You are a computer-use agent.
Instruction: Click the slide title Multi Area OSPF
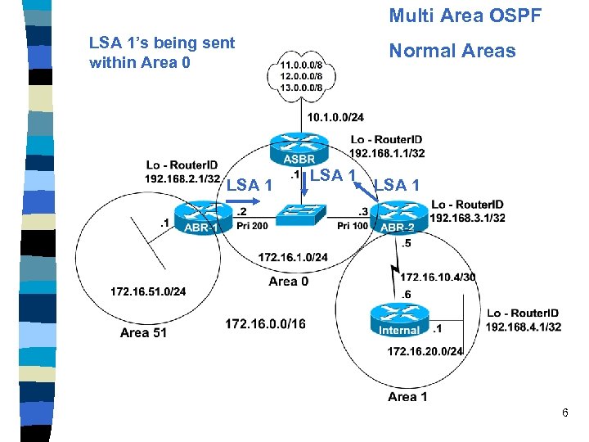point(465,15)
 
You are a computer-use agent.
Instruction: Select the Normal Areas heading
point(452,51)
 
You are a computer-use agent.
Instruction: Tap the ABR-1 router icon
point(200,219)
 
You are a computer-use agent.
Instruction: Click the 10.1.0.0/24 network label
point(335,118)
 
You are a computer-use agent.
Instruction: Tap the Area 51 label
point(143,332)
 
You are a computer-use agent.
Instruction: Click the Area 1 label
point(407,397)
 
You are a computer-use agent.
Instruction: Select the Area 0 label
point(289,282)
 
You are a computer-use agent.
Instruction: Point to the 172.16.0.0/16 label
point(265,324)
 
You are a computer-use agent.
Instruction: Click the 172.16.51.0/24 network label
point(148,291)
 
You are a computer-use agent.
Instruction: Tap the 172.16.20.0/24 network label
point(425,351)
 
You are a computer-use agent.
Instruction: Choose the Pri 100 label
point(353,226)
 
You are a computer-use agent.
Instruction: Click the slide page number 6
point(564,413)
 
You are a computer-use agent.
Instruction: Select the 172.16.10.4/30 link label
point(438,277)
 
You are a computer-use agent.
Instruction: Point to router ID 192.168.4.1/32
point(524,327)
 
